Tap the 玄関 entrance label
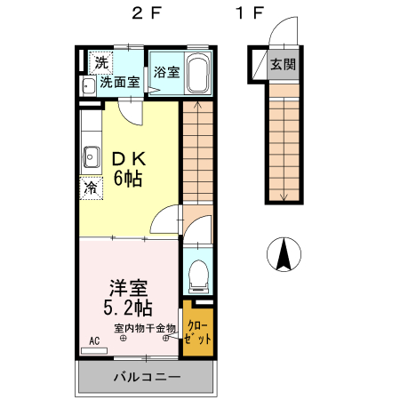tap(284, 64)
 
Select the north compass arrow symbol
tap(284, 255)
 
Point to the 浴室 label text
tap(166, 73)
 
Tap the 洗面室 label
tap(118, 83)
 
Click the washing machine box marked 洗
tap(100, 62)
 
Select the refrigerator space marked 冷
tap(91, 188)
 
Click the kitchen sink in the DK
tap(91, 159)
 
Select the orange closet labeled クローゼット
tap(198, 332)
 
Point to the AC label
tap(94, 340)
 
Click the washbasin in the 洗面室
tap(88, 86)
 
